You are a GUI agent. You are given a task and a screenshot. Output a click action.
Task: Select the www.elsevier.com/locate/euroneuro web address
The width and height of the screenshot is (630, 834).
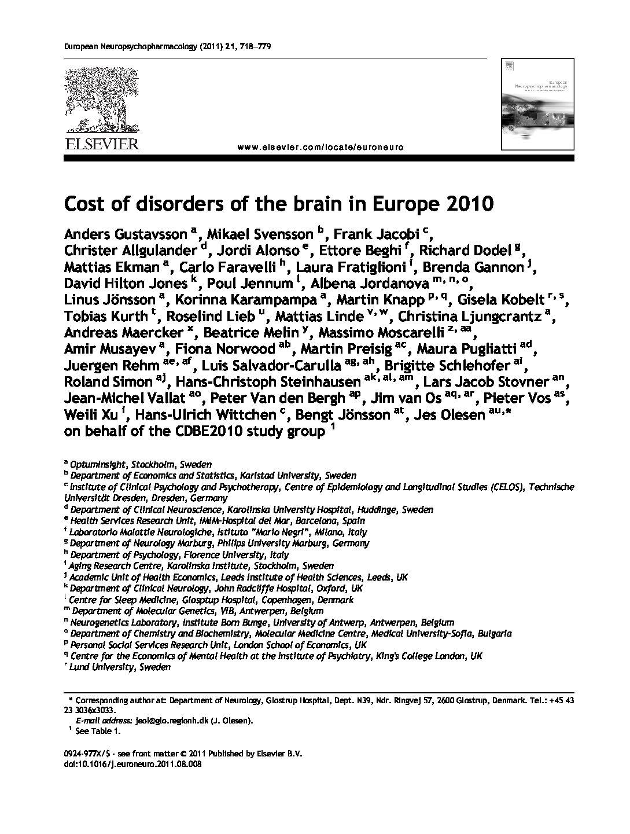pyautogui.click(x=320, y=147)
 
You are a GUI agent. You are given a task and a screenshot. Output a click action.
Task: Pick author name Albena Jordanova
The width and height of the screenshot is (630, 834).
pyautogui.click(x=369, y=284)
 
